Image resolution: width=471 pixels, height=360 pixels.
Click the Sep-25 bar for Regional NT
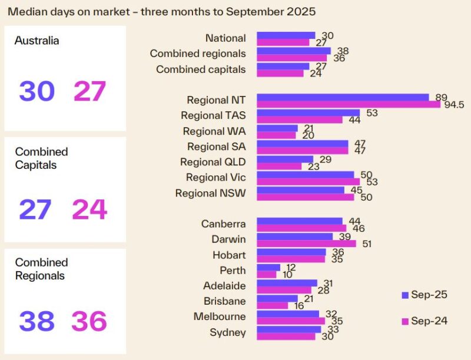343,97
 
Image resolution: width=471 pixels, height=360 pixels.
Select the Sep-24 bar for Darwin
306,244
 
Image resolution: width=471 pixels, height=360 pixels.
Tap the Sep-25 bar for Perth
268,267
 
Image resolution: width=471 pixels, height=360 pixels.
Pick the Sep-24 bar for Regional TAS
300,119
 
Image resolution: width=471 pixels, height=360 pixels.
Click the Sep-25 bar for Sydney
288,329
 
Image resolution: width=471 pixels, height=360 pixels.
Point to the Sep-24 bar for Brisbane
273,305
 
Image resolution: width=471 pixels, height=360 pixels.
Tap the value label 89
437,96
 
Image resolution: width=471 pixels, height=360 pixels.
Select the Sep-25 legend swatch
404,295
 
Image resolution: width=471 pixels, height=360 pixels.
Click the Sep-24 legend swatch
404,321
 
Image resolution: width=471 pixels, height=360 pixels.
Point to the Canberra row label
223,224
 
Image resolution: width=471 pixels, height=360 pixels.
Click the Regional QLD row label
213,162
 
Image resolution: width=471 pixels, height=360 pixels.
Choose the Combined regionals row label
198,54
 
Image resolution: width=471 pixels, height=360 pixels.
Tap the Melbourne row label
220,317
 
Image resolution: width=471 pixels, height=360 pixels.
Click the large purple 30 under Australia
37,92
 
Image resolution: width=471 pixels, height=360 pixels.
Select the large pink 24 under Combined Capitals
89,209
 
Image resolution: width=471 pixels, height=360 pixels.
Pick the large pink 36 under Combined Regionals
89,321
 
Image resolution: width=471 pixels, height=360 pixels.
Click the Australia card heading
37,41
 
